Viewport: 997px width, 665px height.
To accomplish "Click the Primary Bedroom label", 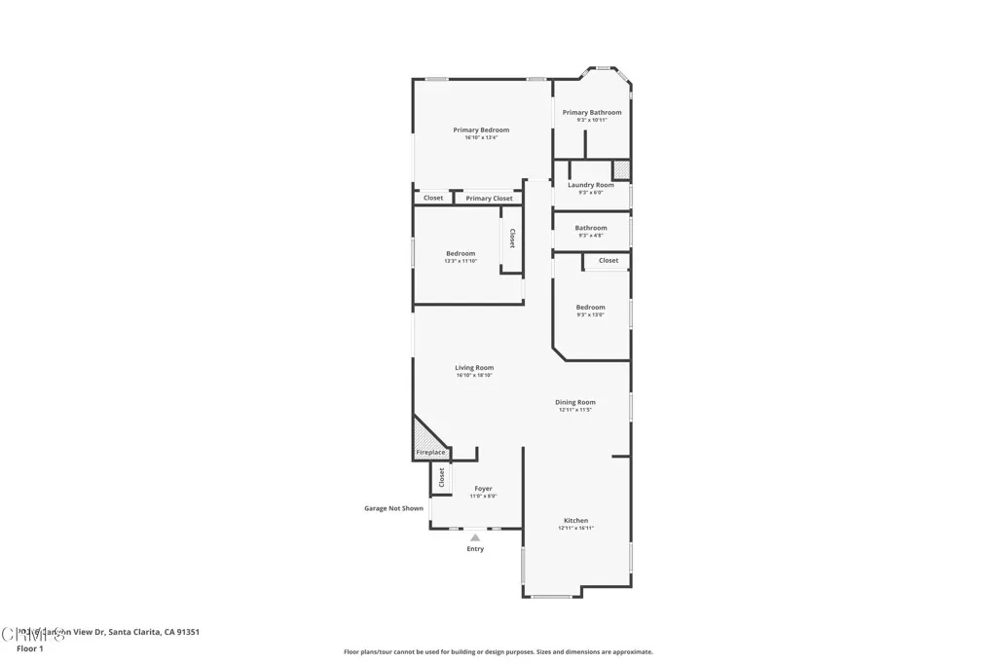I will pyautogui.click(x=481, y=129).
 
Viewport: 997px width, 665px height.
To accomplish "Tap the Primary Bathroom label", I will pyautogui.click(x=591, y=112).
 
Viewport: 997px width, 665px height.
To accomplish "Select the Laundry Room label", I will pyautogui.click(x=591, y=185).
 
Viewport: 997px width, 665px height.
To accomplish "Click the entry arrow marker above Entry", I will pyautogui.click(x=475, y=536).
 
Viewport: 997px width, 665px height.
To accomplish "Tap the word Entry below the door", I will pyautogui.click(x=475, y=549).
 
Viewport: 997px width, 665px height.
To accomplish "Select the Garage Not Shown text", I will pyautogui.click(x=393, y=508).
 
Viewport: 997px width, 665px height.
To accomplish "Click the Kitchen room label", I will pyautogui.click(x=575, y=520).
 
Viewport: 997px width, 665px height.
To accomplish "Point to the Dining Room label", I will pyautogui.click(x=575, y=402).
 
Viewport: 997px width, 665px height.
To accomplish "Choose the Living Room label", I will pyautogui.click(x=474, y=368).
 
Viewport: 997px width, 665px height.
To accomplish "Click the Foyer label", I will pyautogui.click(x=483, y=489).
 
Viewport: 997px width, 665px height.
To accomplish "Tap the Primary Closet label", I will pyautogui.click(x=489, y=199).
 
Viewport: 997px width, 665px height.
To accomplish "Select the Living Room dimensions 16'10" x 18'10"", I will pyautogui.click(x=474, y=376).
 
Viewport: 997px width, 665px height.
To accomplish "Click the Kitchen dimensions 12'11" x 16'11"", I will pyautogui.click(x=575, y=528).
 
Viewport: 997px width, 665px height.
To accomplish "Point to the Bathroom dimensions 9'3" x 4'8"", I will pyautogui.click(x=591, y=236).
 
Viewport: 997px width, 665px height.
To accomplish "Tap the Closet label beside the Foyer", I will pyautogui.click(x=441, y=477).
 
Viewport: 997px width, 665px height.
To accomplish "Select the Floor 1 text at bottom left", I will pyautogui.click(x=30, y=648).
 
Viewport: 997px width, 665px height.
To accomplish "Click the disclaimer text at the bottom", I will pyautogui.click(x=498, y=652).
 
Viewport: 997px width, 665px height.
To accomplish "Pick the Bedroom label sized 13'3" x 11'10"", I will pyautogui.click(x=461, y=253).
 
